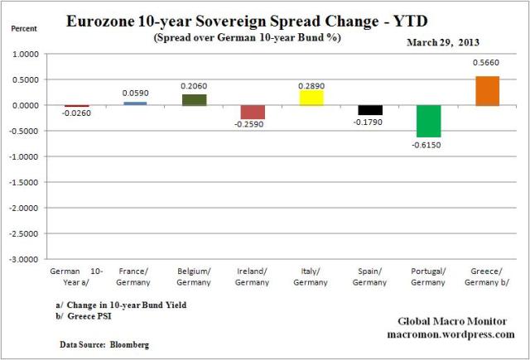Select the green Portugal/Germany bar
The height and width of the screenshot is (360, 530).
pyautogui.click(x=429, y=121)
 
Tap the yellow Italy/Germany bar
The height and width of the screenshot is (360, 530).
pyautogui.click(x=311, y=98)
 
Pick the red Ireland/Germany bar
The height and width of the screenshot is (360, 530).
pyautogui.click(x=253, y=112)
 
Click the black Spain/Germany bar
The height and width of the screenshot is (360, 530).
pyautogui.click(x=370, y=110)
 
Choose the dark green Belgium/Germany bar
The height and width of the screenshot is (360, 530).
pyautogui.click(x=195, y=100)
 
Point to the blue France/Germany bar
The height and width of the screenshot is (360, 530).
pyautogui.click(x=136, y=103)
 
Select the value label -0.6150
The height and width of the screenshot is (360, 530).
pyautogui.click(x=429, y=144)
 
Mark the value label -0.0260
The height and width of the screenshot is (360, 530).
pyautogui.click(x=76, y=113)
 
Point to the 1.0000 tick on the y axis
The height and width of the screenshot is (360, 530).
pyautogui.click(x=27, y=55)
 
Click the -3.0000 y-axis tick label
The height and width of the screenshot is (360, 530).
pyautogui.click(x=26, y=259)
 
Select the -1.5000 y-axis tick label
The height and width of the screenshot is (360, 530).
pyautogui.click(x=26, y=182)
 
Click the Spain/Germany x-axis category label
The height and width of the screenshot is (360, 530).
pyautogui.click(x=370, y=276)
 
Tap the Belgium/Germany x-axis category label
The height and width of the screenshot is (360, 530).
pyautogui.click(x=195, y=276)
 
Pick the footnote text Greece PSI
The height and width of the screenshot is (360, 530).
pyautogui.click(x=94, y=315)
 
